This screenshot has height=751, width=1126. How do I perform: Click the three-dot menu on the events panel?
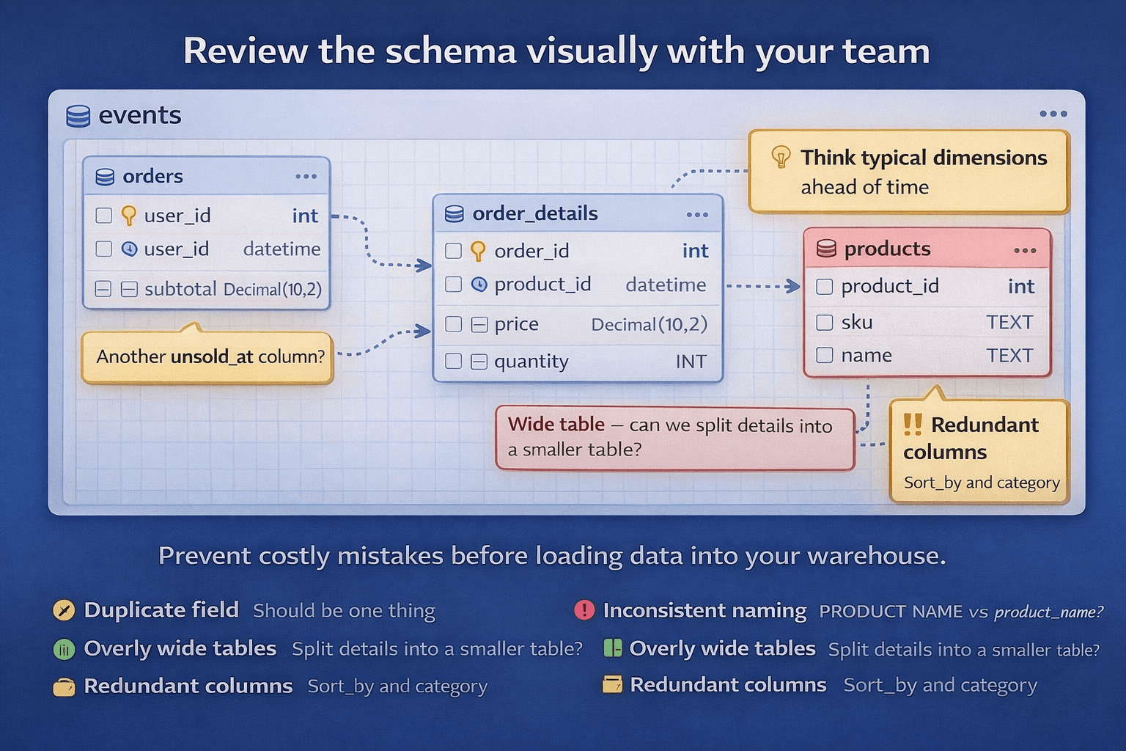click(x=1053, y=114)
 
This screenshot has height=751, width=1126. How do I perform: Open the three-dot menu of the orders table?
click(x=306, y=177)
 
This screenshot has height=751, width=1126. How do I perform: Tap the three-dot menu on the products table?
click(x=1025, y=251)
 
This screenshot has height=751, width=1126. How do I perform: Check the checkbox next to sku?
click(x=825, y=323)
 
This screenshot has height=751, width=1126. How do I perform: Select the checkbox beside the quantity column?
click(x=454, y=362)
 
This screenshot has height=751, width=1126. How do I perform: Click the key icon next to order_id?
click(x=478, y=251)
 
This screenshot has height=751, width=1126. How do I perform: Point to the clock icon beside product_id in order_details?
click(x=479, y=285)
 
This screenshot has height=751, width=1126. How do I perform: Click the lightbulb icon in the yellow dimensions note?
click(x=781, y=157)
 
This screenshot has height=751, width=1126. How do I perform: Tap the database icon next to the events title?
click(x=78, y=116)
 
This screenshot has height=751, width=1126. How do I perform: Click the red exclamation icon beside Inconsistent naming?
click(x=584, y=610)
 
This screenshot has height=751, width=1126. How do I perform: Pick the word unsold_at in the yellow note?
click(x=211, y=357)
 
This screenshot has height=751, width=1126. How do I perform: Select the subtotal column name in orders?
click(x=180, y=289)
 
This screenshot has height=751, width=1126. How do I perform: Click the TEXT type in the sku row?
click(x=1009, y=323)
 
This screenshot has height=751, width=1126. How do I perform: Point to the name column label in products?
click(x=866, y=356)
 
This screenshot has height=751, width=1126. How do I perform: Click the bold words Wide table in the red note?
click(x=556, y=425)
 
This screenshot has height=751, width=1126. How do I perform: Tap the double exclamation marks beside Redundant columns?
click(x=913, y=425)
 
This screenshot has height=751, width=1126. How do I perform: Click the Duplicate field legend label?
click(x=161, y=610)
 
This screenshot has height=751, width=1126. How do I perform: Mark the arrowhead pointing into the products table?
click(x=793, y=286)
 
